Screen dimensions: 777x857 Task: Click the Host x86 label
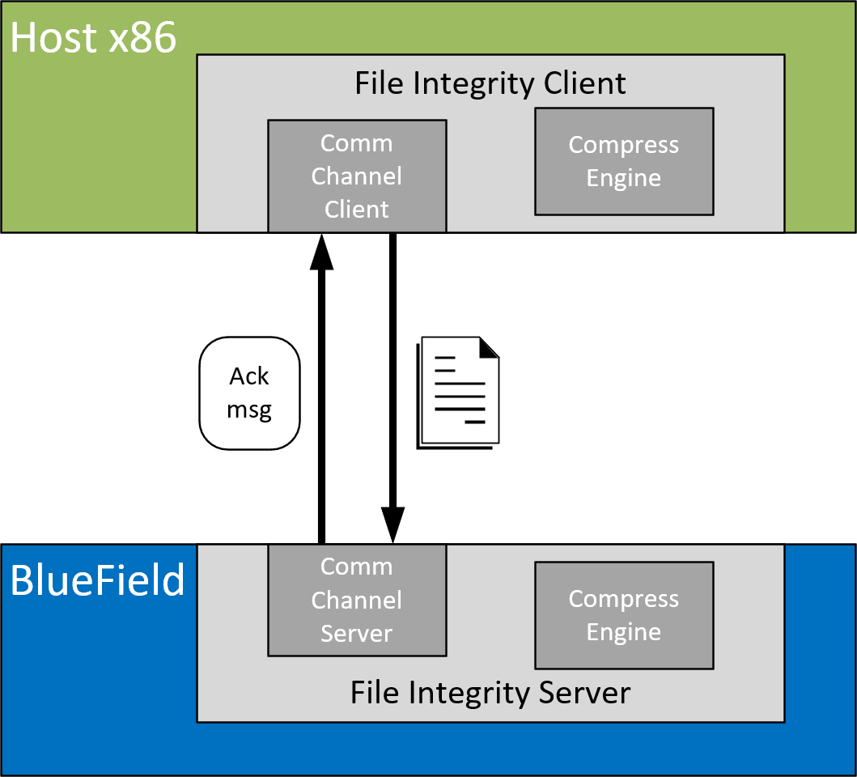93,38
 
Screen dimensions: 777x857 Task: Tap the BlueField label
97,580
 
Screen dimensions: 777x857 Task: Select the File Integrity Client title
490,83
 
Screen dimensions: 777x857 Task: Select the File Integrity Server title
490,693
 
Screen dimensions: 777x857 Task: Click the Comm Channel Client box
357,176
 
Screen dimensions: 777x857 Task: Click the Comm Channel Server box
357,600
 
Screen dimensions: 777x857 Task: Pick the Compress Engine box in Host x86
624,161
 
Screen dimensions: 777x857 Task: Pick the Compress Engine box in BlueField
624,615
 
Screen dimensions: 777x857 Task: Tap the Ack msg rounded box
249,393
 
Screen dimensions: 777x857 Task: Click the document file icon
458,392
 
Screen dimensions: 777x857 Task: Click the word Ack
249,376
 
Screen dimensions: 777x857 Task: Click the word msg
249,410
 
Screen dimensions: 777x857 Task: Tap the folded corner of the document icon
489,347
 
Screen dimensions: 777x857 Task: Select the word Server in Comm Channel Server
357,634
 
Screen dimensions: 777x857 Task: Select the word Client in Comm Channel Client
357,210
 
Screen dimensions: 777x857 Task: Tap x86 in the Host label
140,38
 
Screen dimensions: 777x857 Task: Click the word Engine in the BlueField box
624,632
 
